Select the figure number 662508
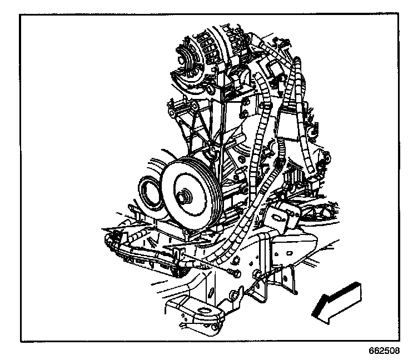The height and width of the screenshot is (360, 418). [x=384, y=352]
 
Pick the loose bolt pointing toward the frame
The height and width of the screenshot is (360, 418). [x=232, y=272]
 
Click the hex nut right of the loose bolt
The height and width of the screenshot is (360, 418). [x=256, y=274]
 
